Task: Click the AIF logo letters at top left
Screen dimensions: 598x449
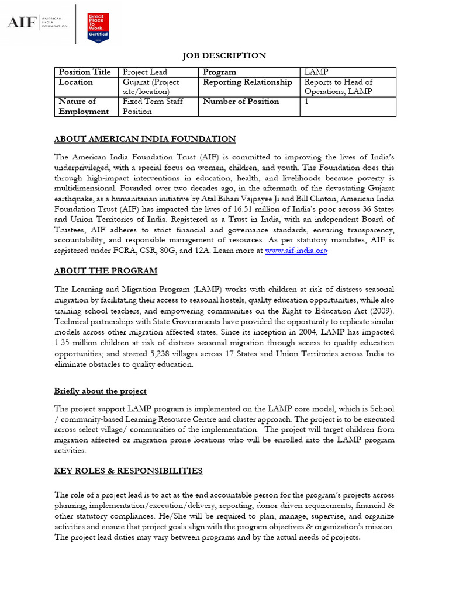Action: pos(20,23)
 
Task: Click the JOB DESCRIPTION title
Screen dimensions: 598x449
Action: pos(224,55)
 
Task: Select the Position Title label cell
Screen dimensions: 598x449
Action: pos(85,72)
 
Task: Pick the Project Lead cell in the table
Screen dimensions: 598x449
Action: pos(144,72)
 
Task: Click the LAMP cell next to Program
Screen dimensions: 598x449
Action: pos(316,72)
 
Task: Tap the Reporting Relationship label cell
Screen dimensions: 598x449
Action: pos(247,82)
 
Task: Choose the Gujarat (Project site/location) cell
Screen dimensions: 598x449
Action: pos(151,87)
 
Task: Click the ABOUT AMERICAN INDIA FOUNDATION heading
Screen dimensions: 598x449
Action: pos(145,139)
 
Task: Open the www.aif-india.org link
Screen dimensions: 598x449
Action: pos(296,251)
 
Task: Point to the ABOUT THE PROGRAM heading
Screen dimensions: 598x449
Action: pos(106,271)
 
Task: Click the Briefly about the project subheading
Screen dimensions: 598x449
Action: pos(100,391)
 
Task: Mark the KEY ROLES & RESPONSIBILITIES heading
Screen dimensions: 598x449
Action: pos(128,471)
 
